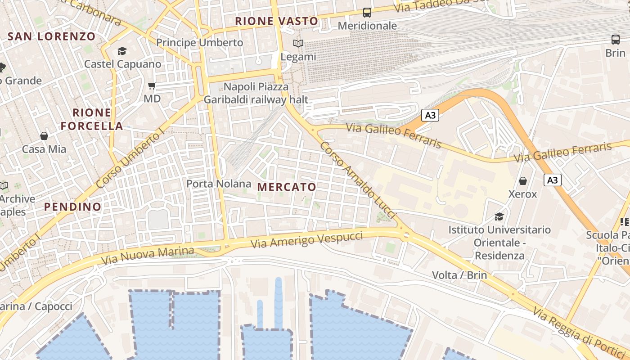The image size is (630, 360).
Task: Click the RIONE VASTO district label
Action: coord(276,21)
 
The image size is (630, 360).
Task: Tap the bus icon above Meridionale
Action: coord(367,13)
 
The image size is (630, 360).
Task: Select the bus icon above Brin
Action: coord(615,40)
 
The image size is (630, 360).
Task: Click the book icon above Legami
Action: coord(298,44)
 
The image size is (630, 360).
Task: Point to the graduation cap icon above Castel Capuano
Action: coord(122,51)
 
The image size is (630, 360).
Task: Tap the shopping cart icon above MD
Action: coord(152,85)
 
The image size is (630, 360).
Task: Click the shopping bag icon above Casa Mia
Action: coord(44,135)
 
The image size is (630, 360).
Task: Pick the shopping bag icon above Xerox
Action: coord(522,181)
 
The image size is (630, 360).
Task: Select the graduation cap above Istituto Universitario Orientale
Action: coord(499,217)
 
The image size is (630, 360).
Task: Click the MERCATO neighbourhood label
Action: coord(287,187)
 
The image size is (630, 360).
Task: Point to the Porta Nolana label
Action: coord(219,184)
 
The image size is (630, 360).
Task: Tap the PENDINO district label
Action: coord(73,207)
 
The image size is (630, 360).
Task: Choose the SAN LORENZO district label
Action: coord(52,36)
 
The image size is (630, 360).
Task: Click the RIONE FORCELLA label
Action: coord(92,119)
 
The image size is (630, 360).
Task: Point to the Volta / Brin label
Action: coord(459,275)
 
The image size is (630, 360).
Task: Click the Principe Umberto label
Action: coord(199,43)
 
